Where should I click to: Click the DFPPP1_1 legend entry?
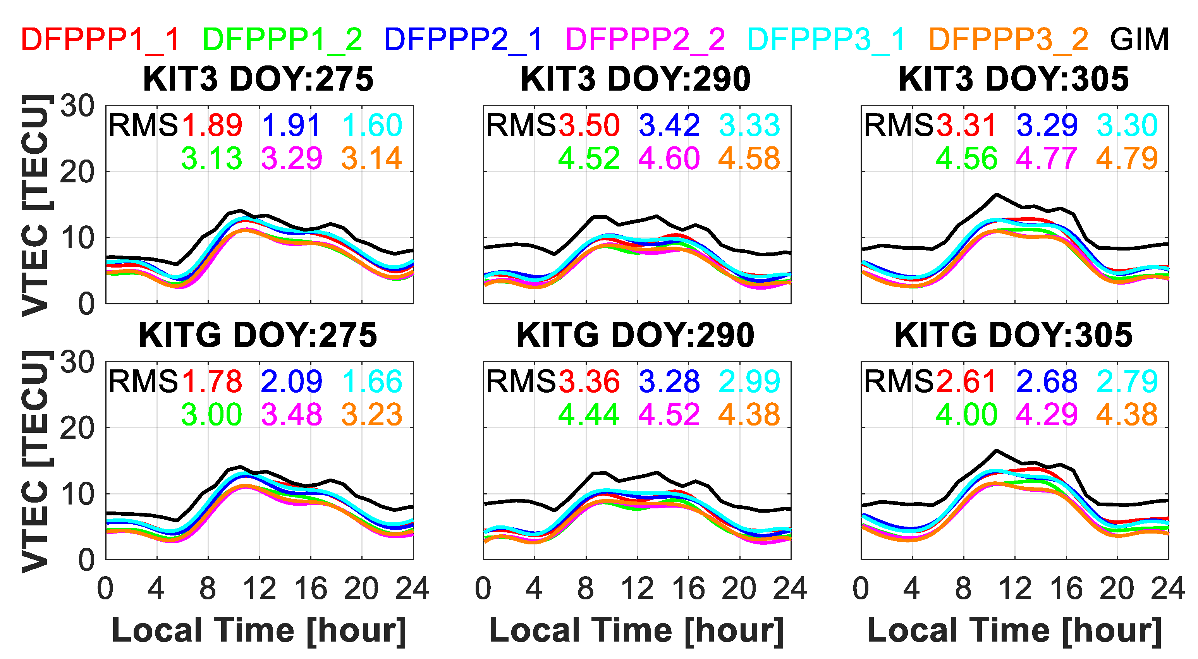coord(100,39)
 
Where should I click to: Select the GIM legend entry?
coord(1139,39)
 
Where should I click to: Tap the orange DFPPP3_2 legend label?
coord(1008,39)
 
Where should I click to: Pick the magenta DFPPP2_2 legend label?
coord(645,39)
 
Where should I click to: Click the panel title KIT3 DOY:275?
coord(258,79)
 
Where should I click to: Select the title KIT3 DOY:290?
coord(636,79)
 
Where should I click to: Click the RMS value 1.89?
coord(211,125)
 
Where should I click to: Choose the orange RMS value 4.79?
coord(1127,158)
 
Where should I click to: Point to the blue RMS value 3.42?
coord(669,125)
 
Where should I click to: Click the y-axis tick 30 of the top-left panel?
coord(77,106)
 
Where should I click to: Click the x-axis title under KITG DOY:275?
coord(259,631)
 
